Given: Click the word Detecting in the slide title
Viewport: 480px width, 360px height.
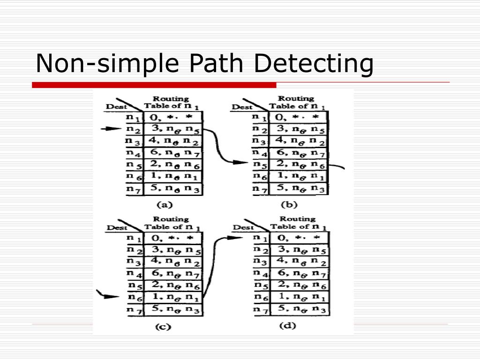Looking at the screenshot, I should click(x=313, y=64).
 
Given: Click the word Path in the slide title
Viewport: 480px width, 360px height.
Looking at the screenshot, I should click(x=217, y=64).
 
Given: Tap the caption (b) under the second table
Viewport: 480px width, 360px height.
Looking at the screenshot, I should click(x=289, y=204).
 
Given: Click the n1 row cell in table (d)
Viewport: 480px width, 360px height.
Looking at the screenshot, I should click(x=298, y=237).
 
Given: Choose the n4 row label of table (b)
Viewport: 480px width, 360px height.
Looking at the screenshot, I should click(x=260, y=152).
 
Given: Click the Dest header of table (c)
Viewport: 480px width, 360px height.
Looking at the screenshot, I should click(x=117, y=227).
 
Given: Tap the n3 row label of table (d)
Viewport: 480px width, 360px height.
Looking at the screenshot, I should click(x=260, y=261).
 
